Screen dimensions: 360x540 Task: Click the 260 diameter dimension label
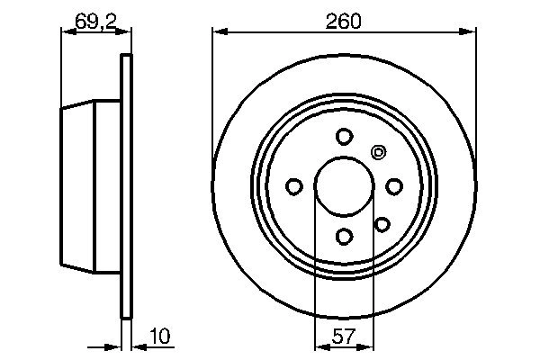[x=344, y=20]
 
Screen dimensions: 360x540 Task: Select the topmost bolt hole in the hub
[x=343, y=136]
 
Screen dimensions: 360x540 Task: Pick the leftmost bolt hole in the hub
[x=293, y=186]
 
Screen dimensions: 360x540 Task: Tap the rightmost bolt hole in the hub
[x=393, y=186]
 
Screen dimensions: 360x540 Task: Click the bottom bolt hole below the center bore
[x=343, y=236]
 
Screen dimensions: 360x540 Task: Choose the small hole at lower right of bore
[x=381, y=224]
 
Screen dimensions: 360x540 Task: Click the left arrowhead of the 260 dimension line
[x=219, y=33]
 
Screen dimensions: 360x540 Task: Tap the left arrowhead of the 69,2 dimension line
[x=66, y=33]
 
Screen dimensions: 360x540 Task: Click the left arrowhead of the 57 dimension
[x=319, y=346]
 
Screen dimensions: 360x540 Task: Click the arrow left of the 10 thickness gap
[x=113, y=346]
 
